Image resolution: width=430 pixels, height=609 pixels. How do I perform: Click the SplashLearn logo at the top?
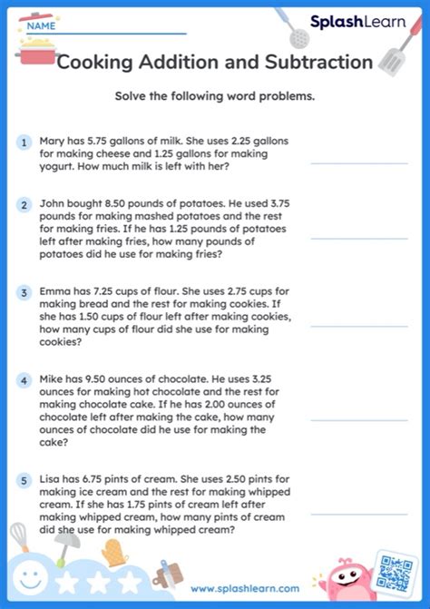point(357,21)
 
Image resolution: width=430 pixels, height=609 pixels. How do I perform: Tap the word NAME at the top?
point(41,26)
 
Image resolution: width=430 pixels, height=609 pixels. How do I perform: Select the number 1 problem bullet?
point(24,142)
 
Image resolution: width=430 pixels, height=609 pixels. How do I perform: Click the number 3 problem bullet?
point(24,293)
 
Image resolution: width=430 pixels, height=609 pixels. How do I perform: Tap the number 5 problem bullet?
point(24,480)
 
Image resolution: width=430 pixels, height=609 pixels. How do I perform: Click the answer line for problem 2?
point(358,239)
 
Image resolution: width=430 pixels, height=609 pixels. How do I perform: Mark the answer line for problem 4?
point(358,420)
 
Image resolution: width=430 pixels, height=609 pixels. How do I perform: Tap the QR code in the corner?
point(396,574)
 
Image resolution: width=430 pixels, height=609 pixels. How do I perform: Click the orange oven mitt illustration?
point(112,552)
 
